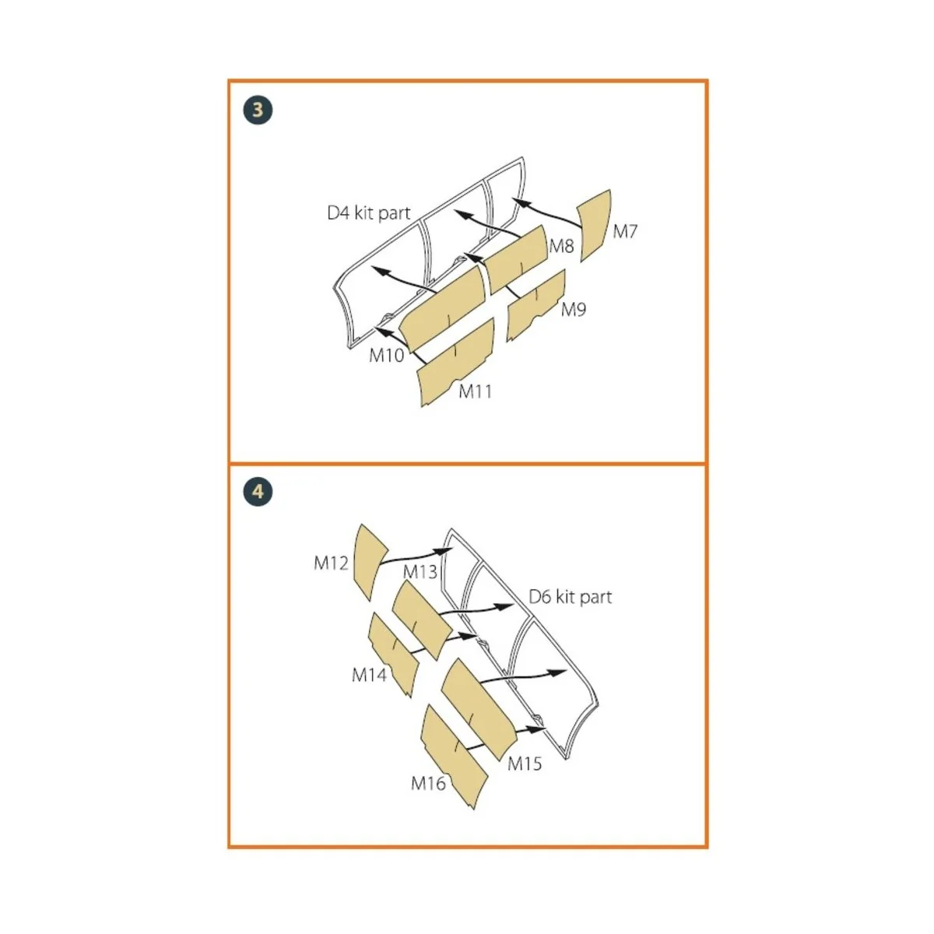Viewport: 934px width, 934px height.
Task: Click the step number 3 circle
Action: pyautogui.click(x=258, y=111)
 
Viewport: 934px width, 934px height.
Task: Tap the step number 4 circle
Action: pyautogui.click(x=258, y=493)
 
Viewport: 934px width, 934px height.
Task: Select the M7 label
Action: pyautogui.click(x=625, y=232)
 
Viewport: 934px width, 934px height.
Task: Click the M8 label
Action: pyautogui.click(x=561, y=246)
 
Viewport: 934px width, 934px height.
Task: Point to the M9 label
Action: pyautogui.click(x=574, y=309)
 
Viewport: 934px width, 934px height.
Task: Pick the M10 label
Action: pyautogui.click(x=386, y=355)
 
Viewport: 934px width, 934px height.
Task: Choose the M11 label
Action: pyautogui.click(x=475, y=392)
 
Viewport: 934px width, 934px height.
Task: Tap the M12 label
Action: pyautogui.click(x=331, y=563)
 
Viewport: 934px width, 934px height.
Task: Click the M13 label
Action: pyautogui.click(x=420, y=572)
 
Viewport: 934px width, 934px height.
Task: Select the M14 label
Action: pyautogui.click(x=370, y=675)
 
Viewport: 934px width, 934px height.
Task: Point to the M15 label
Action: pyautogui.click(x=525, y=764)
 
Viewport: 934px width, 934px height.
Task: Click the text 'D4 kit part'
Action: pyautogui.click(x=369, y=212)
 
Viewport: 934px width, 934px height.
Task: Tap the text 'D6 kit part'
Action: pyautogui.click(x=571, y=597)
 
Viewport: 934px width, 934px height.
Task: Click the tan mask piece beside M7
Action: pyautogui.click(x=595, y=226)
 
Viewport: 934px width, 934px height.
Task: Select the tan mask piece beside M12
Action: pyautogui.click(x=370, y=562)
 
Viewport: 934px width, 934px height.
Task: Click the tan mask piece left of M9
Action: pyautogui.click(x=535, y=305)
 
